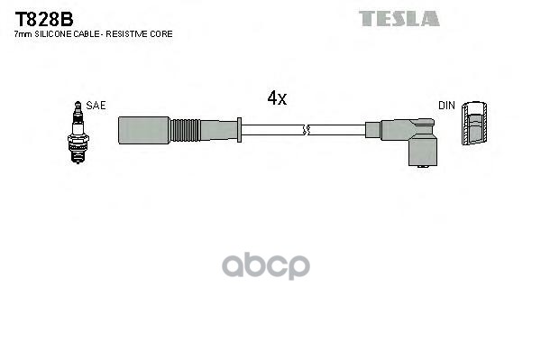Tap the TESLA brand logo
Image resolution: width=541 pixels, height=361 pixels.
click(399, 18)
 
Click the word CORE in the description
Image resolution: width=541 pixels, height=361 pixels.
click(162, 33)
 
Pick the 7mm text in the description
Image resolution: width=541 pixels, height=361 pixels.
click(22, 33)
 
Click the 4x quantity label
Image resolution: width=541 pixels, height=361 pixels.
click(276, 98)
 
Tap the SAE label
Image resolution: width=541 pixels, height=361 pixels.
click(96, 106)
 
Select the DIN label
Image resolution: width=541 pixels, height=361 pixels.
click(447, 106)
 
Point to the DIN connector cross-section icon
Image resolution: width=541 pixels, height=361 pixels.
click(474, 127)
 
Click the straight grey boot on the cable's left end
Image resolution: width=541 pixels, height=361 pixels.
click(144, 130)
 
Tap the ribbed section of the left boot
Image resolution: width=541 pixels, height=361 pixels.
click(186, 130)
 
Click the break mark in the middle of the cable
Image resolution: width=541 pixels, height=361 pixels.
click(307, 131)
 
